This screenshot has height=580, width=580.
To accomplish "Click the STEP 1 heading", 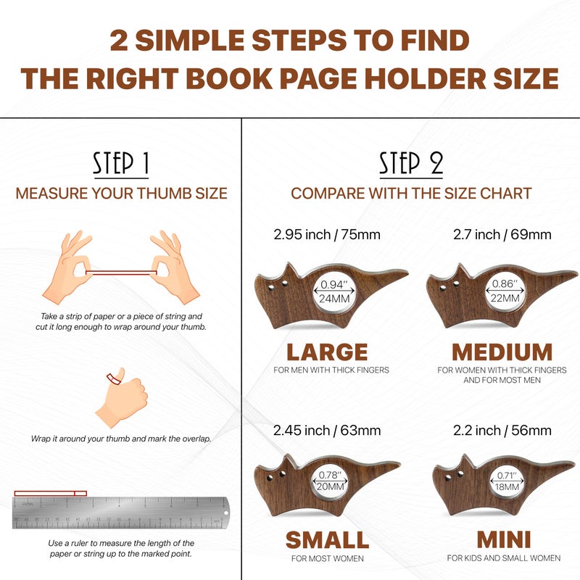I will [x=121, y=164].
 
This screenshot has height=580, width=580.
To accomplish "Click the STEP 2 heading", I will [x=411, y=164].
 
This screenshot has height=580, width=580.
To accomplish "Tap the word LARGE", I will [x=326, y=352].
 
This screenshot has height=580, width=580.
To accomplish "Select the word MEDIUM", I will [x=502, y=352].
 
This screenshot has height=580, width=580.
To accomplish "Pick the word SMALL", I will [x=326, y=540].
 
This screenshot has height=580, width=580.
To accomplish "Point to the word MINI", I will [x=503, y=540].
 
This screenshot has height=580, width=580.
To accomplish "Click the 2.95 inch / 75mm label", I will [x=326, y=235].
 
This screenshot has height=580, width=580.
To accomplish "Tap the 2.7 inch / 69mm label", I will [x=502, y=235].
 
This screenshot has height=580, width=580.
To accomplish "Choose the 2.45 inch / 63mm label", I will [x=326, y=431].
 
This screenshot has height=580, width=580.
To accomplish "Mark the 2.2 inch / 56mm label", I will [x=502, y=431].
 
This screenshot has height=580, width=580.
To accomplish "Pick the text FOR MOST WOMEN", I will [x=326, y=558].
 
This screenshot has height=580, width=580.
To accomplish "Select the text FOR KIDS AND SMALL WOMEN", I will [x=503, y=558].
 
